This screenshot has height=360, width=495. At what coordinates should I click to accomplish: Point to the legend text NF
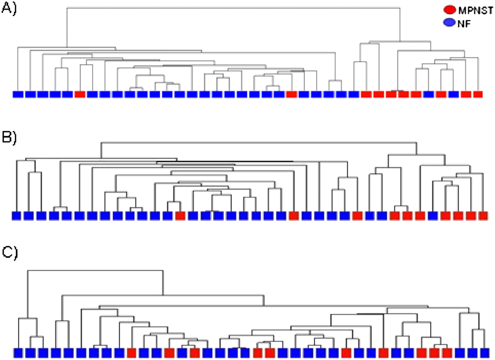pyautogui.click(x=463, y=23)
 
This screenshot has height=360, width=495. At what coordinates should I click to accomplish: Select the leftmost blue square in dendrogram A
pyautogui.click(x=18, y=94)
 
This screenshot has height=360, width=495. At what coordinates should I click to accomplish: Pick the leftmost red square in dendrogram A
pyautogui.click(x=80, y=94)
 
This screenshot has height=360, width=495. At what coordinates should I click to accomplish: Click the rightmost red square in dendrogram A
pyautogui.click(x=478, y=94)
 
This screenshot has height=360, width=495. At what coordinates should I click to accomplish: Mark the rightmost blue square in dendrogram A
pyautogui.click(x=453, y=94)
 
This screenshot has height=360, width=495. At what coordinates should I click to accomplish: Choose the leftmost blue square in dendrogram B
pyautogui.click(x=16, y=216)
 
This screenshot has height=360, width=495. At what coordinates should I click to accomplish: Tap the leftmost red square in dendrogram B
pyautogui.click(x=180, y=216)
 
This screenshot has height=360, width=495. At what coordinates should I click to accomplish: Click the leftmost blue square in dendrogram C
pyautogui.click(x=19, y=353)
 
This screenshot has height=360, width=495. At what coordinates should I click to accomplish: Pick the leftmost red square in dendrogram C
pyautogui.click(x=131, y=353)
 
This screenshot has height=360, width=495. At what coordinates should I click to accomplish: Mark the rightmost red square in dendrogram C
pyautogui.click(x=447, y=353)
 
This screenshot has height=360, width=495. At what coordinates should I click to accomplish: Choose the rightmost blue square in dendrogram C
pyautogui.click(x=484, y=353)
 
